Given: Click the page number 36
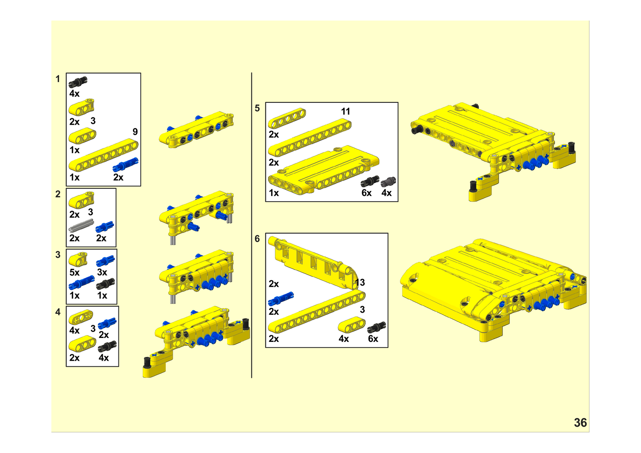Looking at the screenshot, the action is (x=580, y=423).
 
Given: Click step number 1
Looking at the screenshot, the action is (x=58, y=79).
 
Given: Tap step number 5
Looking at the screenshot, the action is (x=257, y=108).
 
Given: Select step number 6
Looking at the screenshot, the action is (x=257, y=239).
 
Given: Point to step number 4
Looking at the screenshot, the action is (x=58, y=312).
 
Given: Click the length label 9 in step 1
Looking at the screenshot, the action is (x=135, y=132).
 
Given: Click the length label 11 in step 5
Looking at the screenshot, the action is (x=345, y=112).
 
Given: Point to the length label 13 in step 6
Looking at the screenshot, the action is (x=360, y=282).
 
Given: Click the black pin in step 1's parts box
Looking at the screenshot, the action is (x=78, y=82).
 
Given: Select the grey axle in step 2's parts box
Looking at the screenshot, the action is (x=81, y=225).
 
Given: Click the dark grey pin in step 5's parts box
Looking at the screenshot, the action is (x=388, y=182).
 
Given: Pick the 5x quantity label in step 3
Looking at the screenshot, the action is (x=74, y=272).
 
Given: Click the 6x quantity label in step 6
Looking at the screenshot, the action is (x=373, y=339).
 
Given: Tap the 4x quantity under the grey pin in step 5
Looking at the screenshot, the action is (x=387, y=193).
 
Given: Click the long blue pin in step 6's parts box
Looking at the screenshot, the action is (x=281, y=299).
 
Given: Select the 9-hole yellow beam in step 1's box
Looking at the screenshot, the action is (x=103, y=155).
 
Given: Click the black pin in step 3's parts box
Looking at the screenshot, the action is (x=105, y=284).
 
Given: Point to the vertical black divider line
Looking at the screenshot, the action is (x=251, y=225).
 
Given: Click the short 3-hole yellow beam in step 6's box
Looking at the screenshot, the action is (x=352, y=325).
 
